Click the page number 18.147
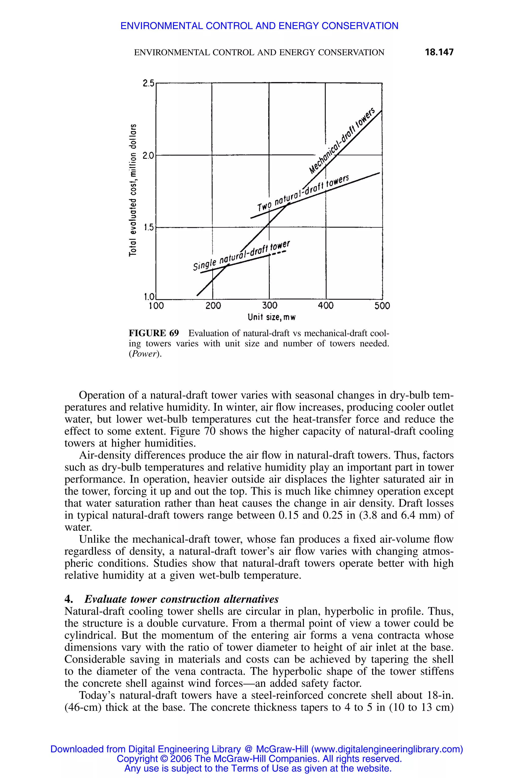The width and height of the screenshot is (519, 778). (x=439, y=52)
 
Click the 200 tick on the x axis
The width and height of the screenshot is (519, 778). (x=213, y=306)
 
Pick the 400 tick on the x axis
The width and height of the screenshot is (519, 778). (x=326, y=306)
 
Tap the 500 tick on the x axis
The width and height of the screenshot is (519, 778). (x=382, y=306)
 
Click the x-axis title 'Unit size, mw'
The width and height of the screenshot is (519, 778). (x=271, y=318)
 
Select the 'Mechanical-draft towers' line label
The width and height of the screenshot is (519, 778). (x=343, y=142)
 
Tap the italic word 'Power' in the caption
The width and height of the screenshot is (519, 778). (x=146, y=354)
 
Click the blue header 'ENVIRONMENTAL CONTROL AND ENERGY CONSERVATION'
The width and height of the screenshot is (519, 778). (x=259, y=26)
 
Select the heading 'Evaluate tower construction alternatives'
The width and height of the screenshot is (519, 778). (x=181, y=599)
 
